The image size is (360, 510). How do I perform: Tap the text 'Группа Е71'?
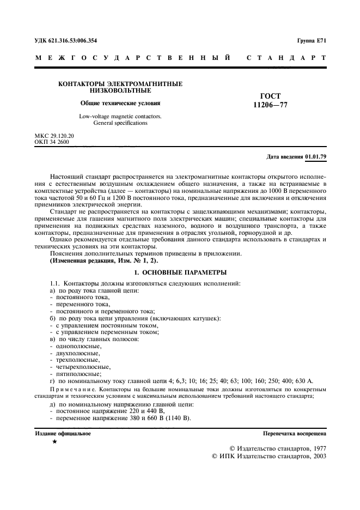tap(312, 41)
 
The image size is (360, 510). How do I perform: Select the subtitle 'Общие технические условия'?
tap(120, 103)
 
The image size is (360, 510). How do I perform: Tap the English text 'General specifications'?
tap(120, 123)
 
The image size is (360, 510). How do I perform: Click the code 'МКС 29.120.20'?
tap(54, 135)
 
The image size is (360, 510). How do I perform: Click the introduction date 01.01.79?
tap(315, 157)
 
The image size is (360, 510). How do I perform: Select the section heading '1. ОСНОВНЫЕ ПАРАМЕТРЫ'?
tap(180, 272)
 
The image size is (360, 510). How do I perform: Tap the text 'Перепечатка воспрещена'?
tap(295, 434)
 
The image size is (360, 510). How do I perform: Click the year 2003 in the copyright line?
tap(317, 457)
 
